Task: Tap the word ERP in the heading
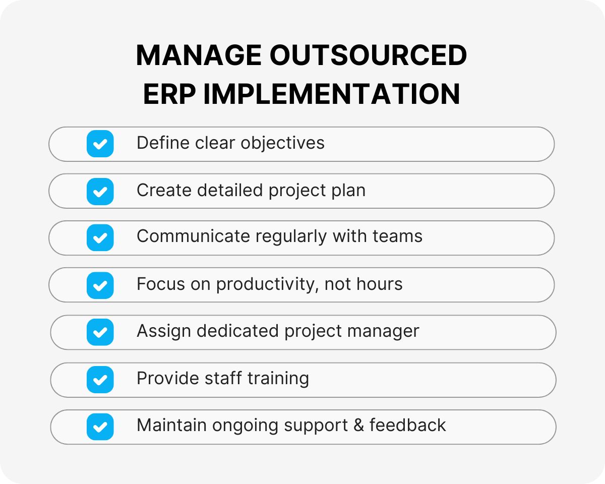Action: point(169,94)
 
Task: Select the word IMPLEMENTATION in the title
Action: point(331,94)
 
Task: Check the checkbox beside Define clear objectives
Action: point(100,144)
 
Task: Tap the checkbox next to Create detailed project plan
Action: point(100,191)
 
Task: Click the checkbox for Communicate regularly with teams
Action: point(100,237)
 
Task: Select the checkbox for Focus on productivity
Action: point(100,285)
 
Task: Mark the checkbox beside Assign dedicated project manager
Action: point(100,332)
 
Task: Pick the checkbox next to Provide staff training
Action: point(100,379)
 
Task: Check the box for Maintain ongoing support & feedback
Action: point(100,427)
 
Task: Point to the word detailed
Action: point(230,191)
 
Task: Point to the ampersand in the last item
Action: point(358,426)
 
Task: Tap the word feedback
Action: point(407,426)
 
